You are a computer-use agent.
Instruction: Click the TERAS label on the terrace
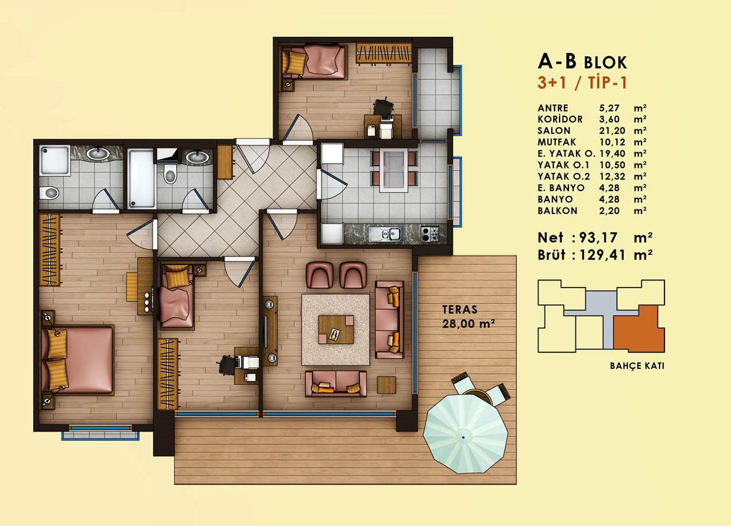pos(460,309)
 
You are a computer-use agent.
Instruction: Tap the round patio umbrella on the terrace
pos(466,434)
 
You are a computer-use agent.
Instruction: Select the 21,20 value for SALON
pos(612,131)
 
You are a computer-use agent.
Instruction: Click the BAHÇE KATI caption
pos(637,366)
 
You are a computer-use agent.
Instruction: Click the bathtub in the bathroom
pos(141,178)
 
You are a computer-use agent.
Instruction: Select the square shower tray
pos(54,161)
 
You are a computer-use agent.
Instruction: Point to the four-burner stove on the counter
pos(430,234)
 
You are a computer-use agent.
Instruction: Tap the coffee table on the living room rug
pos(336,330)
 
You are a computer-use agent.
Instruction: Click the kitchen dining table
pos(394,171)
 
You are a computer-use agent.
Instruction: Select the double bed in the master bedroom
pos(77,359)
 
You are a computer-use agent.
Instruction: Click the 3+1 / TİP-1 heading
pos(582,83)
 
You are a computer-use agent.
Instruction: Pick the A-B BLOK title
pos(582,61)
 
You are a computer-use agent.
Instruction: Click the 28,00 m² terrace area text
pos(468,324)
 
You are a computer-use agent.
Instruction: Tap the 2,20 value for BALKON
pos(609,210)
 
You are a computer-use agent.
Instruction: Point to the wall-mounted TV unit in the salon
pos(270,331)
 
